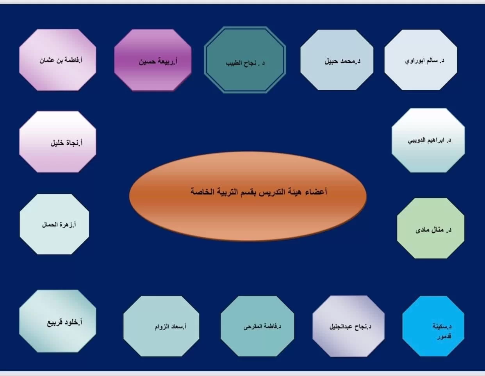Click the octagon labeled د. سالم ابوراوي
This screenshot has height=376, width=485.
tap(421, 60)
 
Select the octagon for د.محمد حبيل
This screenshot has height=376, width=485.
tap(337, 60)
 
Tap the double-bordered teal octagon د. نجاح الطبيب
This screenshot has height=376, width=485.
tap(245, 60)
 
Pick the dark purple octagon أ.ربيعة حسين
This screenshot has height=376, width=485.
tap(153, 60)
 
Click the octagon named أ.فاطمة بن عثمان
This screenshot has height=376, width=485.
tap(58, 60)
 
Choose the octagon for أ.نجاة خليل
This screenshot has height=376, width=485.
tap(58, 142)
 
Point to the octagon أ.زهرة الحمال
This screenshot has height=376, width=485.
tap(54, 224)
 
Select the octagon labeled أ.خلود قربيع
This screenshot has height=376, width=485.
tap(58, 321)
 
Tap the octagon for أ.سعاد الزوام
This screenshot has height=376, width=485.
tap(161, 326)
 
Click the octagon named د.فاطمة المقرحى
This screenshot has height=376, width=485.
tap(257, 326)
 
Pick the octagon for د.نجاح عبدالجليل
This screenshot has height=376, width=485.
tap(349, 326)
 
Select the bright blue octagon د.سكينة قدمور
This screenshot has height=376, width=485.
tap(433, 326)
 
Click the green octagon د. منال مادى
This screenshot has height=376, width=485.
tap(431, 228)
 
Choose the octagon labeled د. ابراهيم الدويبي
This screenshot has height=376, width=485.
tap(428, 140)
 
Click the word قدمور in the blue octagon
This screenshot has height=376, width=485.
tap(444, 336)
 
